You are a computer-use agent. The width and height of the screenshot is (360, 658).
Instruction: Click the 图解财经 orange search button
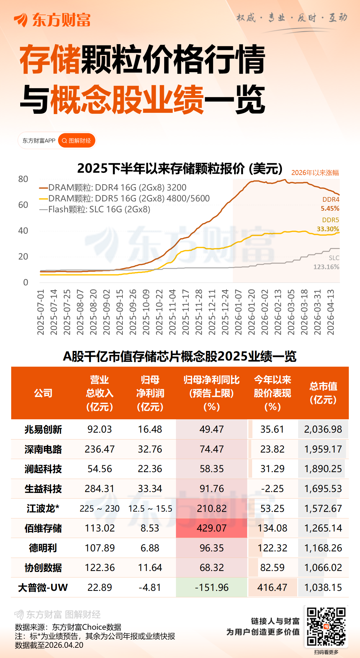76,141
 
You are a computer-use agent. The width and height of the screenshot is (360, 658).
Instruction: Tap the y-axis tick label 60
23,205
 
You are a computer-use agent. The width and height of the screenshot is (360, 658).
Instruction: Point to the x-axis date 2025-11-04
172,312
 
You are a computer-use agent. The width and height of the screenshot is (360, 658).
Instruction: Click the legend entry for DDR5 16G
124,198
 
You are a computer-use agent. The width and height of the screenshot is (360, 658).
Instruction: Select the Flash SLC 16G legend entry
95,209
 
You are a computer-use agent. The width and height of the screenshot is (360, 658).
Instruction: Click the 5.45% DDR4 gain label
330,209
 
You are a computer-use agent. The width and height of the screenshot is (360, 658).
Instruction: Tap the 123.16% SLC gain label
326,267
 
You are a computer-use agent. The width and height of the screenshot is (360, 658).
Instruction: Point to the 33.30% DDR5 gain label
328,229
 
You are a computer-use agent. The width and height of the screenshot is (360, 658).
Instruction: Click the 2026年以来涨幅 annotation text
315,173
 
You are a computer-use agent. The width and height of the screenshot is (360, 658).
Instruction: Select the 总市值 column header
323,393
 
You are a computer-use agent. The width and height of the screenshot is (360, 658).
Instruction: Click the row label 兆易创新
43,429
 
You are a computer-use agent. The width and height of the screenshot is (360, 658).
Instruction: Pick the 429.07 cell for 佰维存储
211,528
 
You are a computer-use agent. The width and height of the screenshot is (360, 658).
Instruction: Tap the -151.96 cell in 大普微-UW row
211,587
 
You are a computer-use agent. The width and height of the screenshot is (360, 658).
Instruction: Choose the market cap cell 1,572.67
323,508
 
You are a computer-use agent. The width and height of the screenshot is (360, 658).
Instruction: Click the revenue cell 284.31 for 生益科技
99,489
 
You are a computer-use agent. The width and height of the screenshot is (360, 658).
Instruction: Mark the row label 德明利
43,548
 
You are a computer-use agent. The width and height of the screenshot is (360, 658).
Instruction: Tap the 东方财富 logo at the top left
52,20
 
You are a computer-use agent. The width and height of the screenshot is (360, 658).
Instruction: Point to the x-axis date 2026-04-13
330,312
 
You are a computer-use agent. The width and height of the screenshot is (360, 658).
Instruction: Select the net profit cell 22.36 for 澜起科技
150,469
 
